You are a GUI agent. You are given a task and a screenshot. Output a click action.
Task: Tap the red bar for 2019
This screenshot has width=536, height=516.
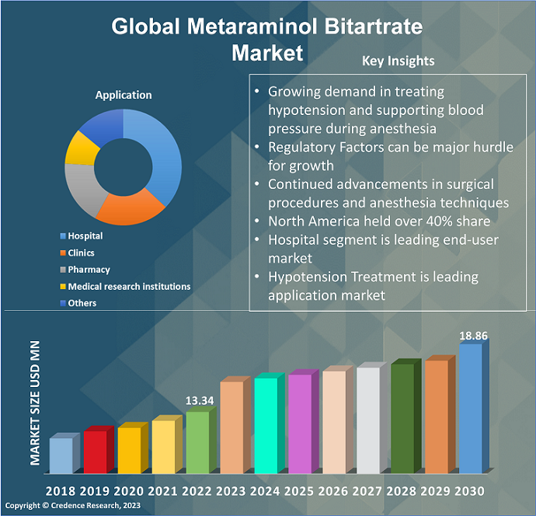tap(95, 451)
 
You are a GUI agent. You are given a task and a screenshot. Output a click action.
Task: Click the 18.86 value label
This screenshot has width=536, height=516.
tap(473, 336)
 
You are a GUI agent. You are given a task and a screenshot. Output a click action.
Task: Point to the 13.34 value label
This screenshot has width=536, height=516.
tap(200, 400)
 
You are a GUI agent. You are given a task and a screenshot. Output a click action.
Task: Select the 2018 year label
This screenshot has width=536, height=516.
tap(61, 491)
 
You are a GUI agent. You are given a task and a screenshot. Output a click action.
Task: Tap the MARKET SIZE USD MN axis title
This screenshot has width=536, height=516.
tap(36, 403)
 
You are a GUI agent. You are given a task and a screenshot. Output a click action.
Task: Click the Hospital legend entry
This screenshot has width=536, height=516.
tap(85, 236)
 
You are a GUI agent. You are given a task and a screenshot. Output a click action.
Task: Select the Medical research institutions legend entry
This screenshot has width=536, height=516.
tap(129, 287)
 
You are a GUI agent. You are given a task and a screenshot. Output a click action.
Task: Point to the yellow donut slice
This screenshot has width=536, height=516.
tap(78, 148)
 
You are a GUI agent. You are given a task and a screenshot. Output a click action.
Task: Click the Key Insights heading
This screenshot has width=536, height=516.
tap(399, 61)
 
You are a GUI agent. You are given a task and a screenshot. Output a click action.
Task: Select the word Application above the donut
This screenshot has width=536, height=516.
tap(124, 95)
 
